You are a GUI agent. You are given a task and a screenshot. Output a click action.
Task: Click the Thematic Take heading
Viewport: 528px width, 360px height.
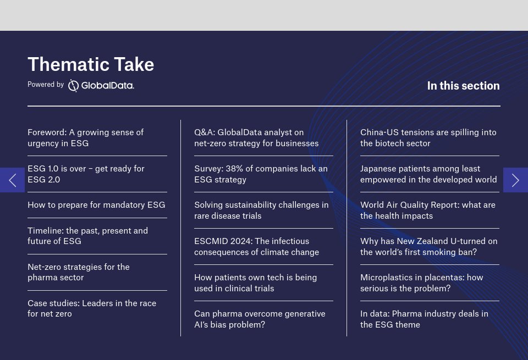(91, 64)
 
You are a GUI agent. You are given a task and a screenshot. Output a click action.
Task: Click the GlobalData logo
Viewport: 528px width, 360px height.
(101, 85)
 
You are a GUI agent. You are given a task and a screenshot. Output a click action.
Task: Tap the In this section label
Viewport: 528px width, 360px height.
(463, 86)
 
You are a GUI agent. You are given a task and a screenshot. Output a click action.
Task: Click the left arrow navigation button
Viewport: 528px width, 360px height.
(12, 180)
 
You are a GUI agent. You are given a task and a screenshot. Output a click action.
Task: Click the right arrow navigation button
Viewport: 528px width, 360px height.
(515, 180)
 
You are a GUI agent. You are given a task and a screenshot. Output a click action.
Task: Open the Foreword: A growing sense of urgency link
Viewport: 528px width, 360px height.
(85, 138)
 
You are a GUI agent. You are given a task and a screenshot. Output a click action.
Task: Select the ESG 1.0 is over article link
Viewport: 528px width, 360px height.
(86, 174)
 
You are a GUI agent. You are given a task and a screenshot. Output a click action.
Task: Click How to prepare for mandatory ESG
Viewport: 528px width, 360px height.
(96, 205)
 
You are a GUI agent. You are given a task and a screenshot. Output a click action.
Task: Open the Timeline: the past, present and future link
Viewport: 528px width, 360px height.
(87, 236)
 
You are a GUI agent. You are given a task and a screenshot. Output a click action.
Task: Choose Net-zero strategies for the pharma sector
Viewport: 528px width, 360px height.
(79, 272)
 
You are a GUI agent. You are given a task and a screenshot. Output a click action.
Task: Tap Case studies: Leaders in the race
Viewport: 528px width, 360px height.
(92, 308)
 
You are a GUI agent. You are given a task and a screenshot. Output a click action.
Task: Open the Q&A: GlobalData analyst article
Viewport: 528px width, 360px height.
(256, 138)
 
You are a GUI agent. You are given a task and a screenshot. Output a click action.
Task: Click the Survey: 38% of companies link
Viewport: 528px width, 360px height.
(261, 174)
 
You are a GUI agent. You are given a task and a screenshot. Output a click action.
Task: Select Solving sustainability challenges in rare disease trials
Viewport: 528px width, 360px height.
(261, 211)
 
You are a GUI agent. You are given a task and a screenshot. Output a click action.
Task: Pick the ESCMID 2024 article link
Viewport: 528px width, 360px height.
(256, 247)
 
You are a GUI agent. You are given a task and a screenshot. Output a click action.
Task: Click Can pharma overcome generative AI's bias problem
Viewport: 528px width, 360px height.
(260, 319)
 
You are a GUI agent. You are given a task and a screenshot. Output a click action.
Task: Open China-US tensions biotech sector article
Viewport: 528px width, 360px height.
(428, 138)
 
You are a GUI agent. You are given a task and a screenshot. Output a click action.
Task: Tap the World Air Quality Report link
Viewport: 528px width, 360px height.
(427, 211)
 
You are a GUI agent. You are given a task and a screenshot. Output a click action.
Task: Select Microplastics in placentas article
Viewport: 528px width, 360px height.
(421, 283)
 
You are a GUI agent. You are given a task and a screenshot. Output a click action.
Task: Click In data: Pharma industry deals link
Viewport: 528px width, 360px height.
(424, 319)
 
